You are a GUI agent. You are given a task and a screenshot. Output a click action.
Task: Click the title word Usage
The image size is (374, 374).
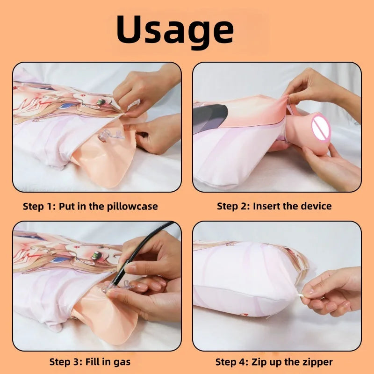coord(175,30)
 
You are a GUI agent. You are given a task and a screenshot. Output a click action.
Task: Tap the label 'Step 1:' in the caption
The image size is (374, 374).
coord(39,206)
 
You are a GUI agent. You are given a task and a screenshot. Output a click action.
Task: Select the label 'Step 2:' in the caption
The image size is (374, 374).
coord(233,206)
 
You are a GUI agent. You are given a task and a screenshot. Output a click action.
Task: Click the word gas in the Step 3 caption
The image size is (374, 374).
coord(122,361)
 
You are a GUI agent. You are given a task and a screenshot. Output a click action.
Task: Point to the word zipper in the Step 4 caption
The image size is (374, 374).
coord(316,361)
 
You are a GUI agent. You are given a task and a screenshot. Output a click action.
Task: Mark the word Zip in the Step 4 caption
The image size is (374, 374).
coord(260,361)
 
